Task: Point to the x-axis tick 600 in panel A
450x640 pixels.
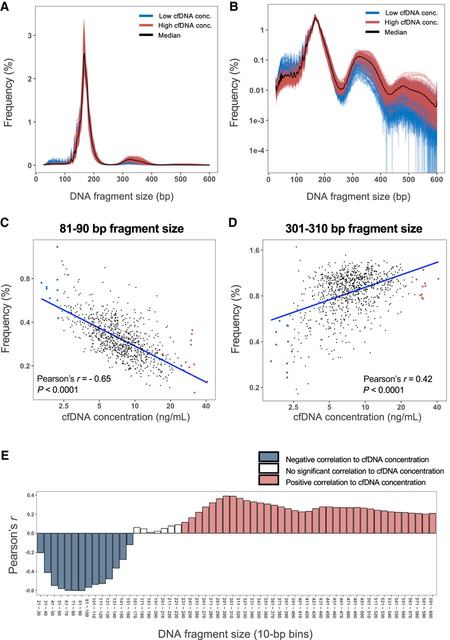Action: click(x=210, y=178)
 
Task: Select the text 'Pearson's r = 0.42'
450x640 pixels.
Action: click(x=397, y=378)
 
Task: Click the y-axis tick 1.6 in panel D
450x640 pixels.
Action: click(x=258, y=250)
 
